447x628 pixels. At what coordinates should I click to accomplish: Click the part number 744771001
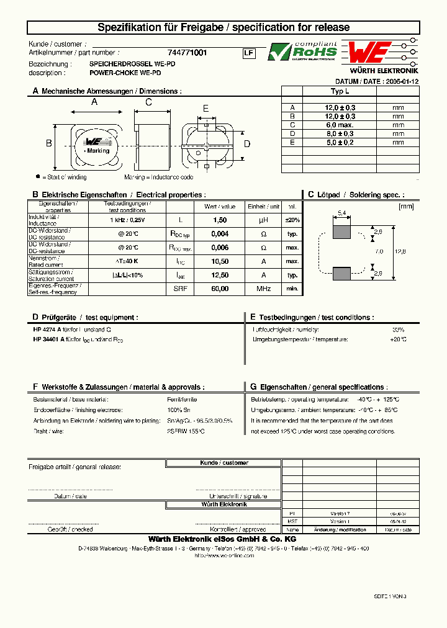tap(187, 53)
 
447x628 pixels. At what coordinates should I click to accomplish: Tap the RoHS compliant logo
tap(302, 52)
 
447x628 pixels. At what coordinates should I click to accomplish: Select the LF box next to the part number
tap(248, 53)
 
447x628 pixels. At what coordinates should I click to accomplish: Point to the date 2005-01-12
tap(401, 81)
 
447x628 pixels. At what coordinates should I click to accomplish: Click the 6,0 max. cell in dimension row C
tap(340, 125)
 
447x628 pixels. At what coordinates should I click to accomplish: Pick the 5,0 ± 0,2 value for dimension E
tap(340, 142)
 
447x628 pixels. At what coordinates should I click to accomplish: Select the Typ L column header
tap(340, 91)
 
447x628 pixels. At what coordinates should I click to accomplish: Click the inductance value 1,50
tap(220, 220)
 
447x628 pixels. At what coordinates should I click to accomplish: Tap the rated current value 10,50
tap(220, 261)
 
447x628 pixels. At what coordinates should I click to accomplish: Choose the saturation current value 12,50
tap(220, 275)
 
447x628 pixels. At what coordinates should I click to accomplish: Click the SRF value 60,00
tap(220, 289)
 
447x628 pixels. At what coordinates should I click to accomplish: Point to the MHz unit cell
tap(263, 289)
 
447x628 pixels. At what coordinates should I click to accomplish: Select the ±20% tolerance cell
tap(292, 220)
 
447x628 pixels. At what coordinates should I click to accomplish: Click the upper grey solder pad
tap(341, 231)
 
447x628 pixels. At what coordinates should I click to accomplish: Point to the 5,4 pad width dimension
tap(341, 213)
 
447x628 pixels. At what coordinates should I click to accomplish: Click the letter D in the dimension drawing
tap(246, 144)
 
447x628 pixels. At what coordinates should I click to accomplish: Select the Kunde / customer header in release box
tap(223, 463)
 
